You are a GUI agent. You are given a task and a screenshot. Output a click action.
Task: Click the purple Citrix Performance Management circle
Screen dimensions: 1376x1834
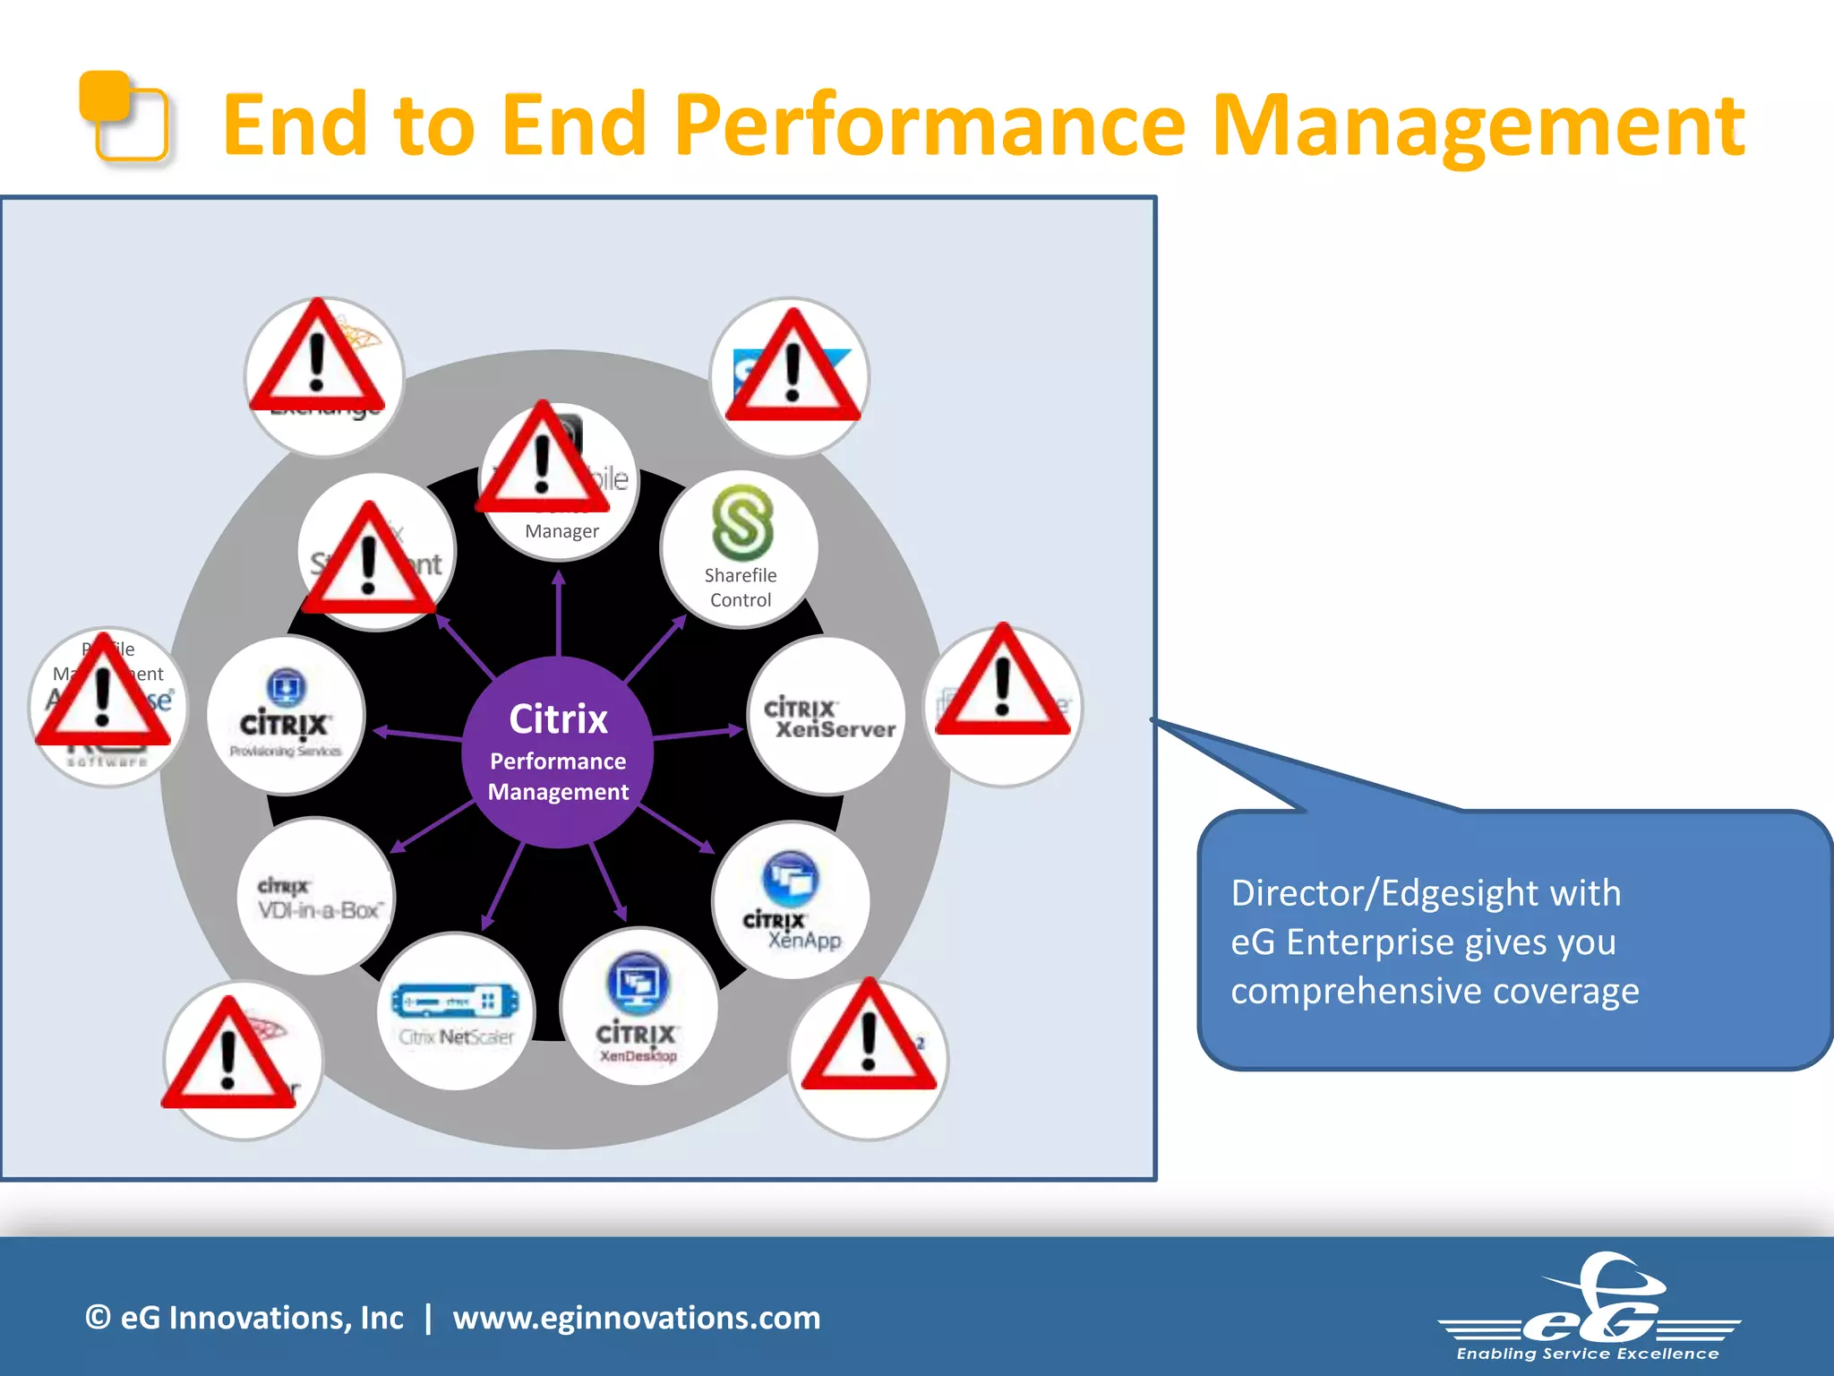[x=558, y=752]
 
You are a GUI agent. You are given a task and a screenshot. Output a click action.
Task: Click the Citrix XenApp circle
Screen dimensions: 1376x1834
[x=791, y=900]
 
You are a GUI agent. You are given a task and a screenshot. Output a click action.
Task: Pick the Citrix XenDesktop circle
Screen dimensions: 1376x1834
[x=638, y=1007]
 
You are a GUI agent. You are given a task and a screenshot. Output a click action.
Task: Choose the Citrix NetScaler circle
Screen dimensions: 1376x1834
[x=456, y=1011]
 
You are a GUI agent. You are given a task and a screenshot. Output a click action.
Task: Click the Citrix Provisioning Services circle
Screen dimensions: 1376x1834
[x=286, y=716]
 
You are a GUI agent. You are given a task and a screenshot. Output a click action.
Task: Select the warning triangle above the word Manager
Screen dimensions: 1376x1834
[x=543, y=461]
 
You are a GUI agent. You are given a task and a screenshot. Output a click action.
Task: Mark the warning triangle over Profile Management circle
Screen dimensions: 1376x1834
[x=103, y=694]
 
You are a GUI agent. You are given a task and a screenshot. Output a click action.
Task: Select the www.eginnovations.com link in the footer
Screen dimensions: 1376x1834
[x=637, y=1318]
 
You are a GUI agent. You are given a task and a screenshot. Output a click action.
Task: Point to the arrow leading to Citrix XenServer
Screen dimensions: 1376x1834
[x=698, y=734]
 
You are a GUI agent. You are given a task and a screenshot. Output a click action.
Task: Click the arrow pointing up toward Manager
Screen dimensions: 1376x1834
[x=559, y=614]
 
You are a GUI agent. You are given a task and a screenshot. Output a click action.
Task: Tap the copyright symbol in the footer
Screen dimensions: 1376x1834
[x=98, y=1318]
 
